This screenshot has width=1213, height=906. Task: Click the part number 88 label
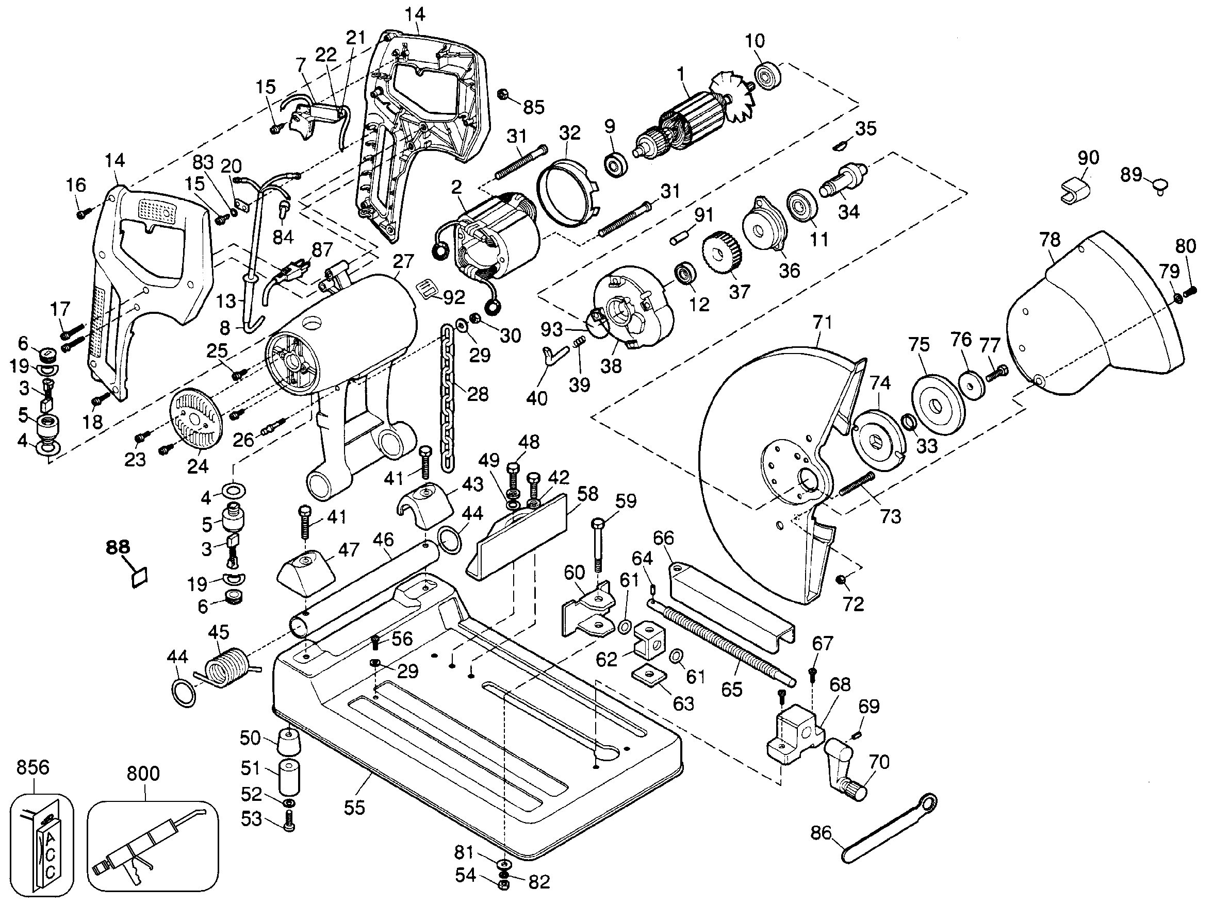point(118,546)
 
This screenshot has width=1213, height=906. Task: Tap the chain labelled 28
point(448,395)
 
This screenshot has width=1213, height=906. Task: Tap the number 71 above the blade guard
point(823,322)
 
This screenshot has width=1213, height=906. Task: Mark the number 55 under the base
point(354,808)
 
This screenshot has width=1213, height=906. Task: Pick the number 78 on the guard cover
point(1050,240)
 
